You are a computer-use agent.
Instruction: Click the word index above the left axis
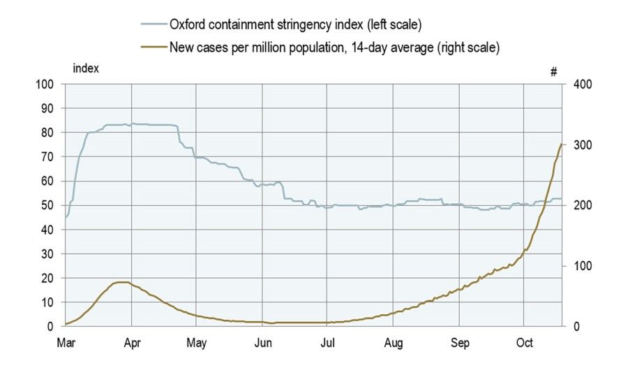(86, 68)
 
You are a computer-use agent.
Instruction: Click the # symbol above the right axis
(553, 71)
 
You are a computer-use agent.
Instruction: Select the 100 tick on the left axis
(46, 84)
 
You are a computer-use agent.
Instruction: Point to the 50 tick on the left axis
(49, 205)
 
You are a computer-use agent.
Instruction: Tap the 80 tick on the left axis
(49, 133)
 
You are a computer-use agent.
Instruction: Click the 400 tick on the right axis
(583, 84)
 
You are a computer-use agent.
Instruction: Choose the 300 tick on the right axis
(583, 145)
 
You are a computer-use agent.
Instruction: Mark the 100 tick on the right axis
(583, 266)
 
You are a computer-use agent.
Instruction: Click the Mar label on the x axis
(65, 343)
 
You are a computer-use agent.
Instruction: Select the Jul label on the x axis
(328, 343)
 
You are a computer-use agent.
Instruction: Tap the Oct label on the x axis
(525, 343)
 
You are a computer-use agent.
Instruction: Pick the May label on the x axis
(197, 343)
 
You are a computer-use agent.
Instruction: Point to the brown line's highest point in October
(561, 144)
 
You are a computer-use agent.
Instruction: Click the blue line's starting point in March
(66, 217)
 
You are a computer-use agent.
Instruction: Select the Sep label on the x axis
(459, 343)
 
